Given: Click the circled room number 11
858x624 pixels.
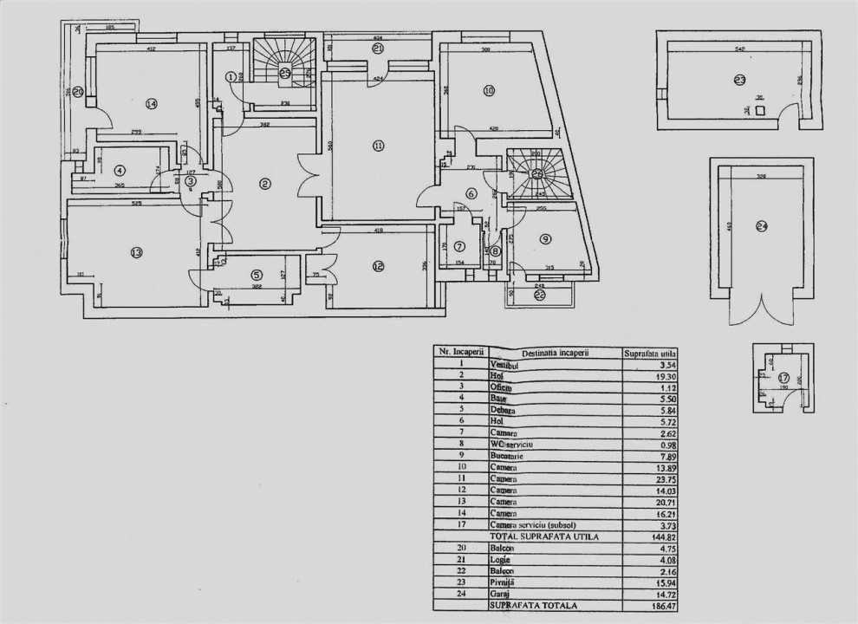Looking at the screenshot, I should tap(378, 146).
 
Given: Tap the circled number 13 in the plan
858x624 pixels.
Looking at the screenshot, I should tap(136, 253).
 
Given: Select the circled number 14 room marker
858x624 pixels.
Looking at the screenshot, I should tap(152, 104).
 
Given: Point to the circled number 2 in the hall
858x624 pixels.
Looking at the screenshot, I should tap(265, 183).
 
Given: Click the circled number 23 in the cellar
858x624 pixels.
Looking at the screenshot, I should tap(739, 81).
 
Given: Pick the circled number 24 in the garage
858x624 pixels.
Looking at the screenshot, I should tap(762, 227).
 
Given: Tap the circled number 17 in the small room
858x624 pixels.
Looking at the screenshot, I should tap(783, 378).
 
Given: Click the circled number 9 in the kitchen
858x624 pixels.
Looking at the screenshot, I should tap(545, 238).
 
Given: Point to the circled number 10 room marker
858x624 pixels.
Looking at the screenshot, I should tap(489, 90).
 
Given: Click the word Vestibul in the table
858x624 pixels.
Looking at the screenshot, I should tap(503, 366).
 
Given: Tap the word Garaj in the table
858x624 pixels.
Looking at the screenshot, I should tap(499, 594).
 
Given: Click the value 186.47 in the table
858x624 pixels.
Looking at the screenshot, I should tap(662, 605).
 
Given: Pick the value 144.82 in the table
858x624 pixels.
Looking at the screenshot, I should tap(662, 536).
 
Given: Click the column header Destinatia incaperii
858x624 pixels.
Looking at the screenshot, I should tap(554, 353).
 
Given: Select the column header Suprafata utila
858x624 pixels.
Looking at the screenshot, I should tap(651, 353).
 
